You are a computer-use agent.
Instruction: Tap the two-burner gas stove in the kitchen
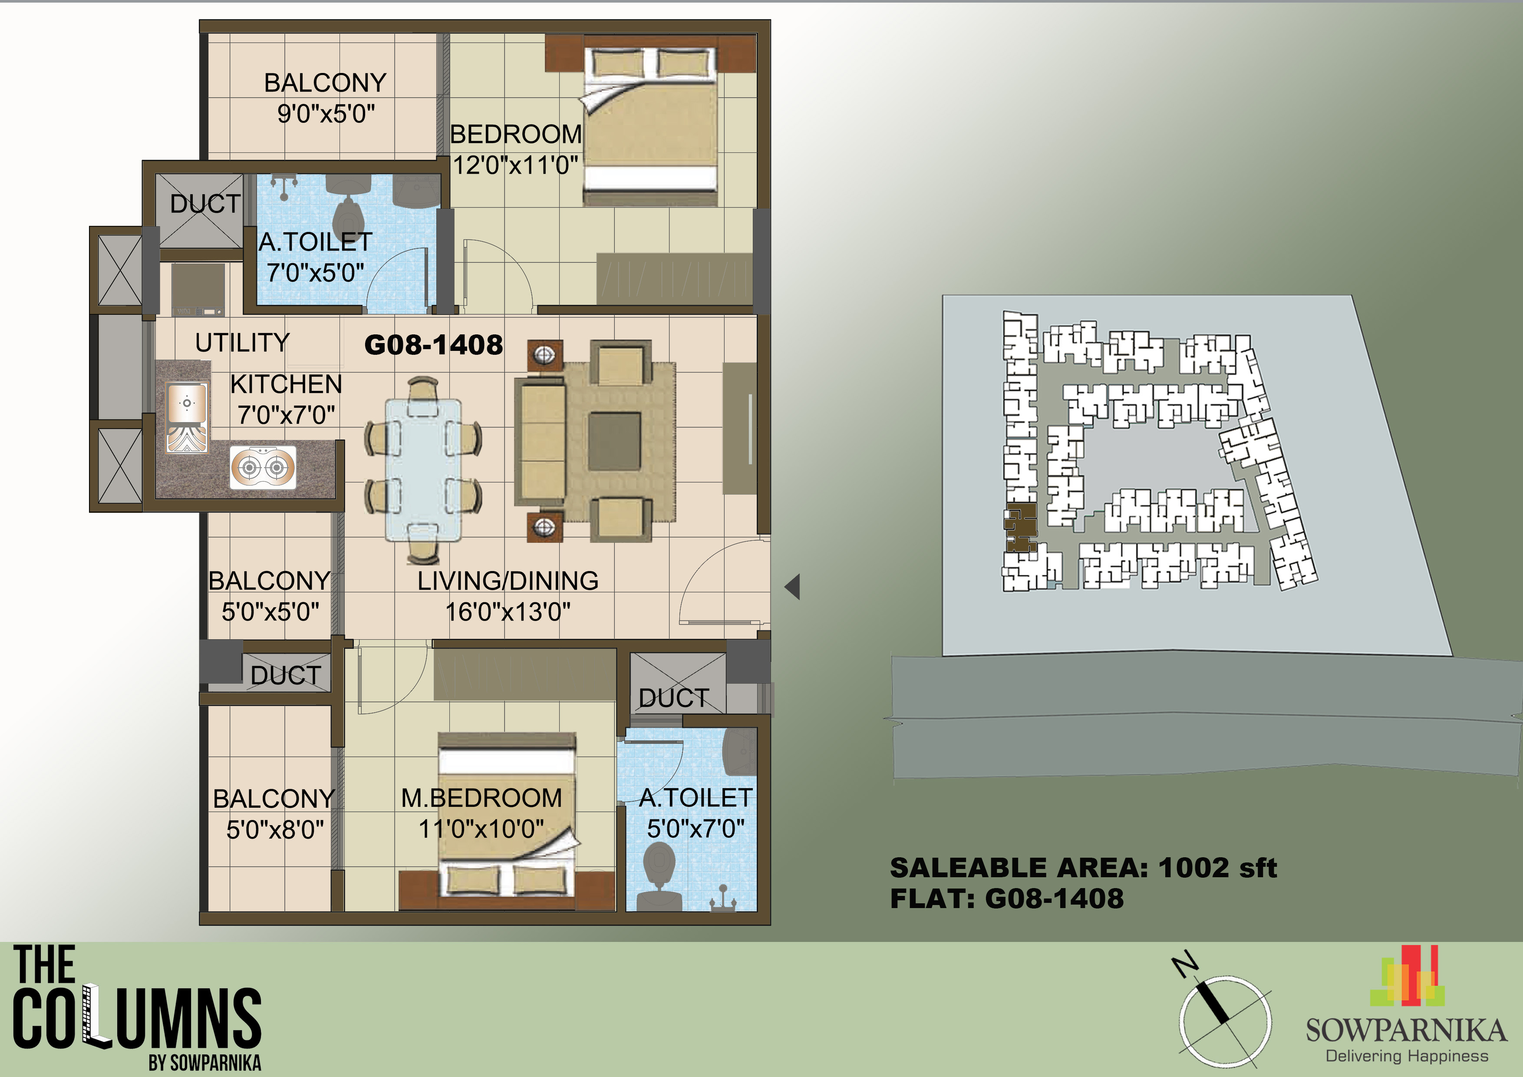click(x=263, y=468)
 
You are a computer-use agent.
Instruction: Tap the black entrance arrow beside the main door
click(x=793, y=587)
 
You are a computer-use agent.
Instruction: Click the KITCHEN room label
click(x=286, y=385)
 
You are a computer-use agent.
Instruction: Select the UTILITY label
click(x=242, y=343)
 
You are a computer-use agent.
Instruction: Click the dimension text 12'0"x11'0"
click(x=515, y=165)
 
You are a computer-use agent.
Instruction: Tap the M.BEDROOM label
click(x=481, y=798)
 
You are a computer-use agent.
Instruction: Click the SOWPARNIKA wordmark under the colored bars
click(x=1406, y=1031)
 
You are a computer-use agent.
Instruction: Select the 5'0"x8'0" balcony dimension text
click(x=275, y=829)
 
